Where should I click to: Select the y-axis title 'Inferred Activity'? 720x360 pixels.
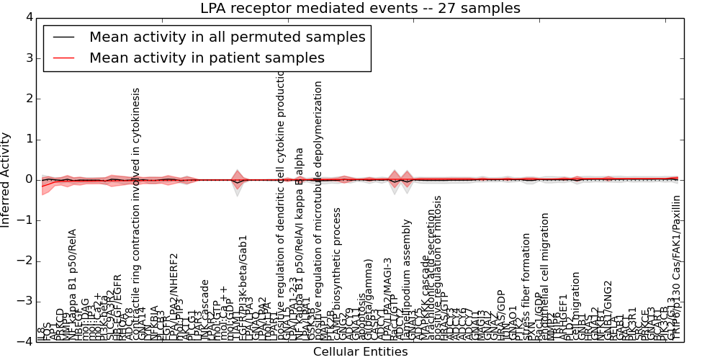(6, 180)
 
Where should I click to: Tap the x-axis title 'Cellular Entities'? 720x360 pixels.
(360, 352)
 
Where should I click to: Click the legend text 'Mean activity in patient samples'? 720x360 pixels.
(207, 58)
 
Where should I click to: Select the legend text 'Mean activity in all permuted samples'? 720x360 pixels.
(227, 37)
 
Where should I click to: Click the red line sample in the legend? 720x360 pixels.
(63, 58)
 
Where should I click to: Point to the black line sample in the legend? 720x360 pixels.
(63, 37)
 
